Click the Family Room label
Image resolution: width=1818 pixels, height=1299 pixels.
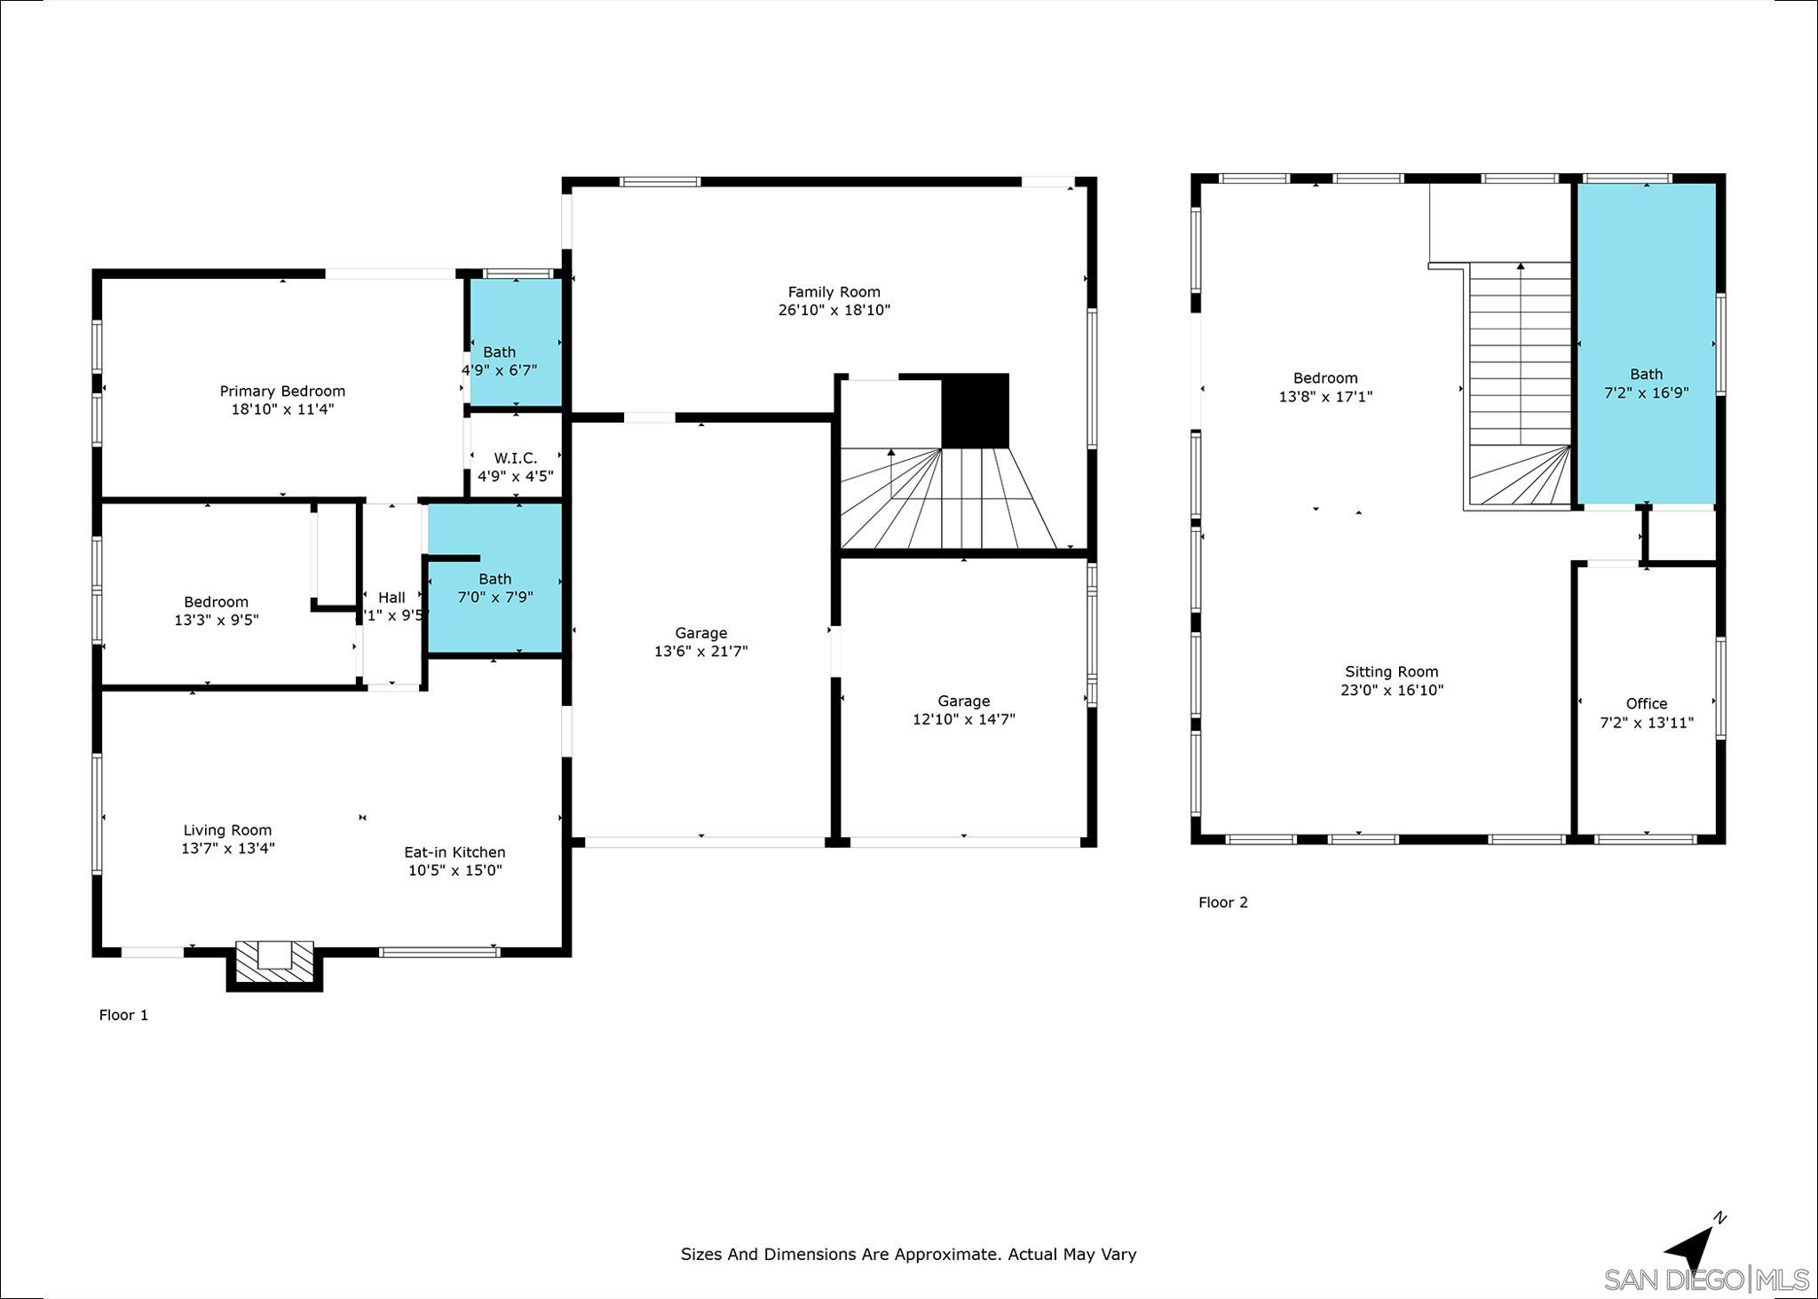coord(834,291)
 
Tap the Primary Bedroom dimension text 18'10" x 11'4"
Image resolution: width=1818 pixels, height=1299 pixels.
coord(282,409)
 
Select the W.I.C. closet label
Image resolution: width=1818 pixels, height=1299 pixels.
coord(515,458)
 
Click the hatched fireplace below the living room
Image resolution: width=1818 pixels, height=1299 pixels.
coord(274,964)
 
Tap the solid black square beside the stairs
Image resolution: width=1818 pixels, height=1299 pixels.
coord(975,410)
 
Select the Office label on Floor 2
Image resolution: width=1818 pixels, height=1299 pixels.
coord(1646,703)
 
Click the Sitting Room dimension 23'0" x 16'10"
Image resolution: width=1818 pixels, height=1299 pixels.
coord(1391,690)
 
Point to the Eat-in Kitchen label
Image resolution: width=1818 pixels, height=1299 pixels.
coord(454,852)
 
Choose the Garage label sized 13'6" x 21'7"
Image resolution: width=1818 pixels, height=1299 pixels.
coord(700,633)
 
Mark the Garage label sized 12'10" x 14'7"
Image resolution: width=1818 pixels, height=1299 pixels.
coord(963,701)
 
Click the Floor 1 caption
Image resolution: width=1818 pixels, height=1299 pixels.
coord(123,1015)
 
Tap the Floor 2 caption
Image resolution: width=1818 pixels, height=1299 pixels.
coord(1222,902)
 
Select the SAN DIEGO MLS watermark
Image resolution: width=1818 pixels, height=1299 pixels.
coord(1705,1279)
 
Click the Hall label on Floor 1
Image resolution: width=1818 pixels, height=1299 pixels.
coord(391,598)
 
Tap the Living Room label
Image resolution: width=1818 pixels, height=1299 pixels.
coord(227,830)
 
